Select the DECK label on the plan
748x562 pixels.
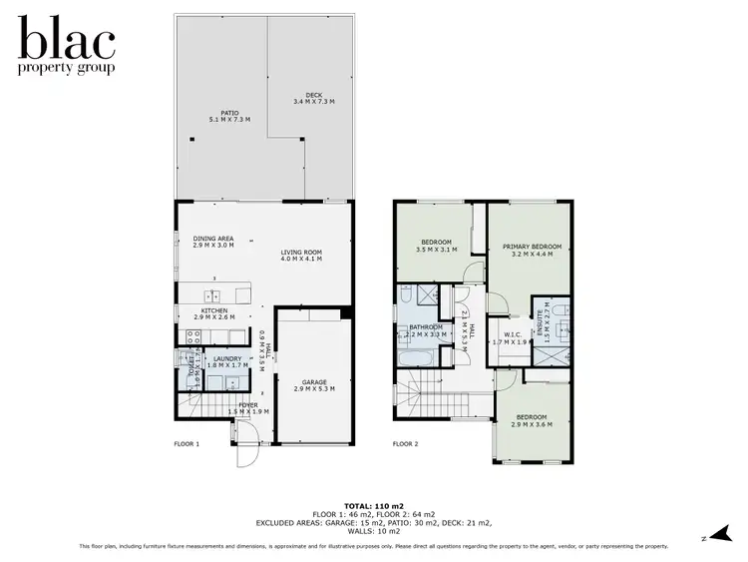(x=313, y=99)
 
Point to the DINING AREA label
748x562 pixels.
(x=213, y=241)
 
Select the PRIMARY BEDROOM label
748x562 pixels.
(x=532, y=250)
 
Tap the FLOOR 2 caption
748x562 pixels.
(x=405, y=444)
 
